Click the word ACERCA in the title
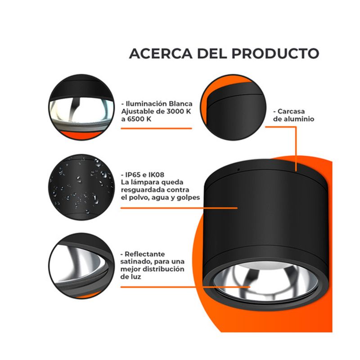coord(161,54)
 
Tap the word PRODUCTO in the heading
coord(275,54)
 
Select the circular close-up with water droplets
coord(81,187)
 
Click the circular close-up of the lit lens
coord(81,107)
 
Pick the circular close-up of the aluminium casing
coord(233,107)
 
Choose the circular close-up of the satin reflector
coord(81,266)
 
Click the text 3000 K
coord(179,111)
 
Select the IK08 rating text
coord(156,175)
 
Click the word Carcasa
coord(291,111)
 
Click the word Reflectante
coord(144,254)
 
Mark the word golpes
coord(188,198)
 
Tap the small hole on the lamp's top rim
coord(238,170)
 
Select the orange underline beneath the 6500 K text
coord(156,128)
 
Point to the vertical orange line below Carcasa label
coord(296,149)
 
